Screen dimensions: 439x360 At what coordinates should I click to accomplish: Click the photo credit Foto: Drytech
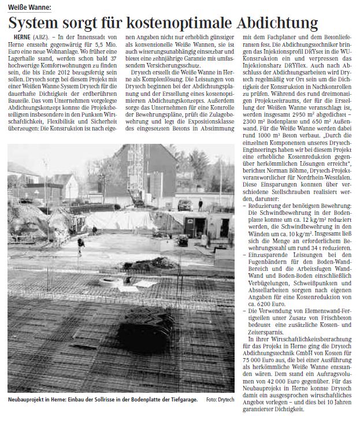pyautogui.click(x=219, y=399)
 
